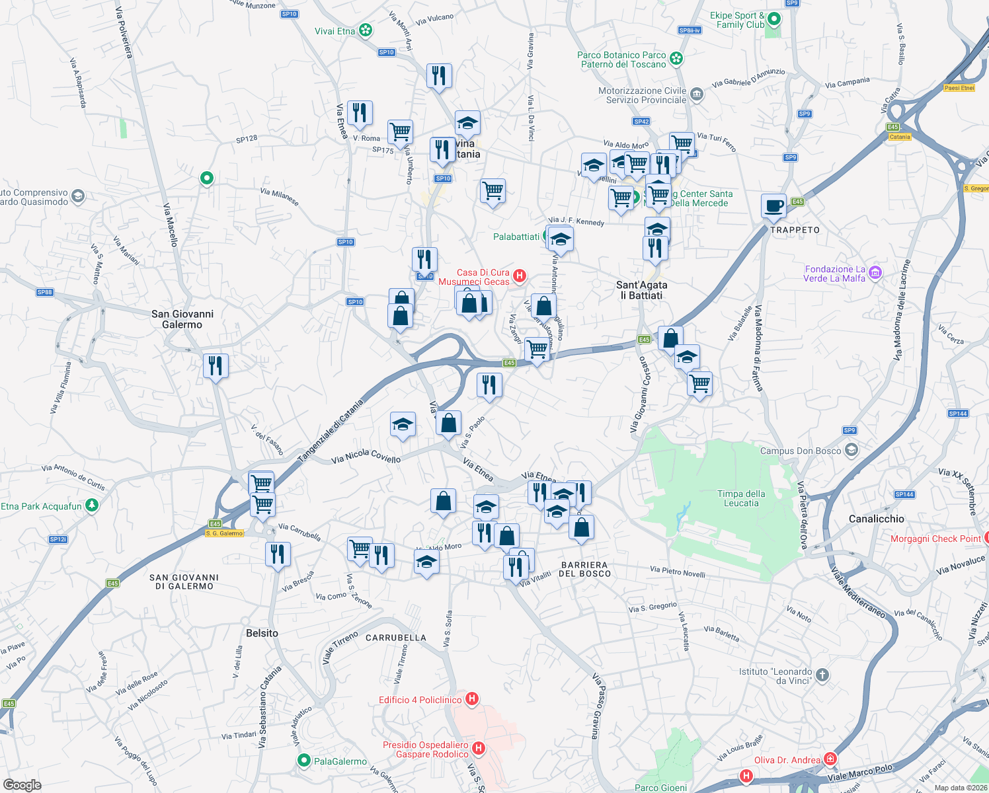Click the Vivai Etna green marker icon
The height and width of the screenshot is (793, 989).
(x=366, y=30)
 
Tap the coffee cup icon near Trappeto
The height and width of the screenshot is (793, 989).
(x=773, y=206)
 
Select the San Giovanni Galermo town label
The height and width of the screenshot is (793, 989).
(x=182, y=319)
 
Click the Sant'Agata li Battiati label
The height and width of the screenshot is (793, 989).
(x=641, y=290)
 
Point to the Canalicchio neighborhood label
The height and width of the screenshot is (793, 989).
(x=876, y=519)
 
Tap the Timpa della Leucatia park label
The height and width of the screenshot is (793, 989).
(x=741, y=498)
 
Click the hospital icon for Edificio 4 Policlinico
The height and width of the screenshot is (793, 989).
(x=472, y=699)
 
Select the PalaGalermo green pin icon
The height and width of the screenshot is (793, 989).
(x=304, y=761)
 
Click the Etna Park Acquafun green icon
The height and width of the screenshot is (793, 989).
(x=92, y=506)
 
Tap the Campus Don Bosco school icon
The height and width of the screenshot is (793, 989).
(x=851, y=451)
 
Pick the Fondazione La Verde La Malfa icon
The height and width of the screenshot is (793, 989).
(x=875, y=272)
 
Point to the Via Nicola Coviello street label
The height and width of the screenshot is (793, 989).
(x=366, y=455)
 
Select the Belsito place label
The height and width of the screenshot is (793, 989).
(x=262, y=633)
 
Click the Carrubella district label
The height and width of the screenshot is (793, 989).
(x=396, y=638)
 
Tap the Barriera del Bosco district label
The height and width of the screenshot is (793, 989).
(x=584, y=569)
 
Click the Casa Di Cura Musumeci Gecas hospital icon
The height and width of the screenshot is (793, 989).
(x=520, y=276)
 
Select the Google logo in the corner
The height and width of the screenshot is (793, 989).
(x=22, y=784)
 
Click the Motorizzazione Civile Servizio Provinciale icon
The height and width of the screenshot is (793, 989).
(x=697, y=94)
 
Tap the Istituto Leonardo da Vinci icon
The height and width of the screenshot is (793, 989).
(x=822, y=675)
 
